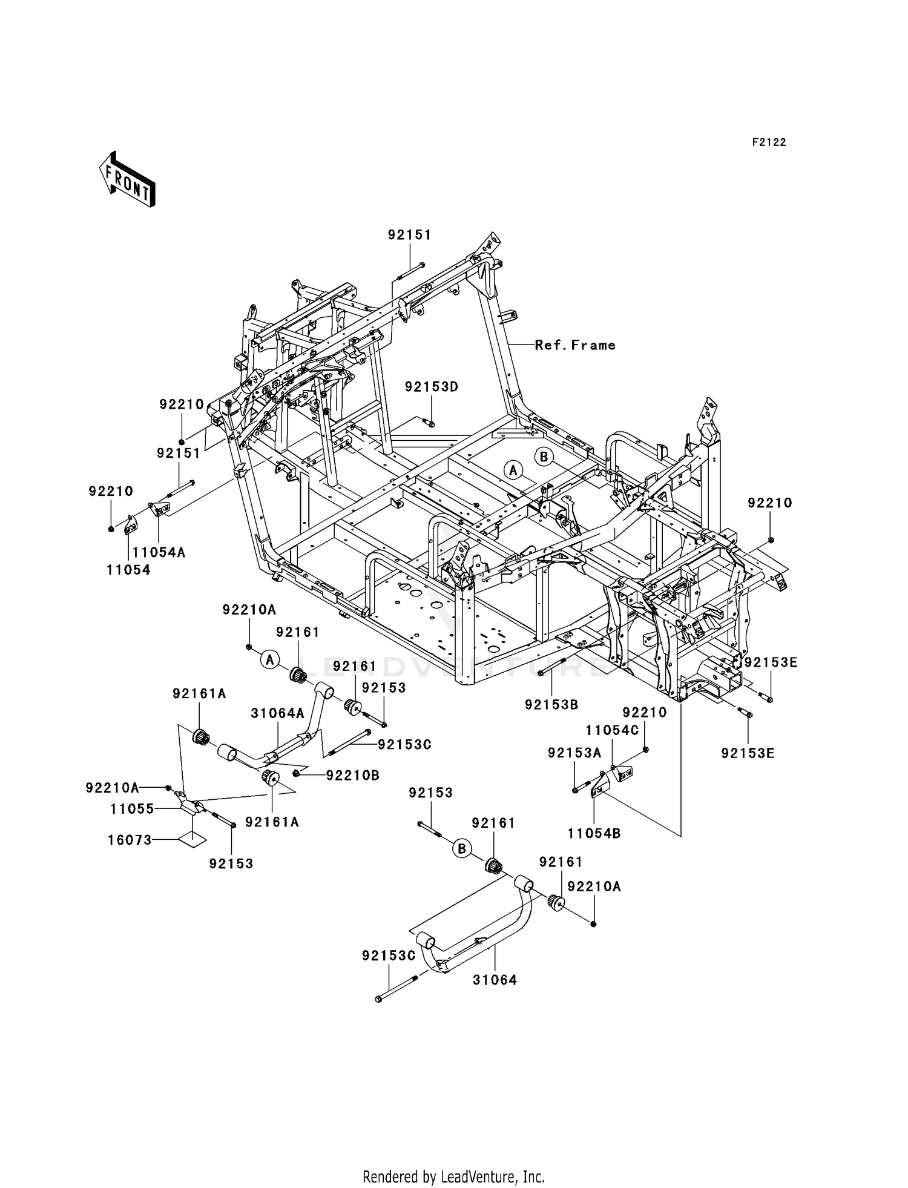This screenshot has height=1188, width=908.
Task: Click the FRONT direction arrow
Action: pyautogui.click(x=128, y=180)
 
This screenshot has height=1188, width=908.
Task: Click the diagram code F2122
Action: pyautogui.click(x=769, y=142)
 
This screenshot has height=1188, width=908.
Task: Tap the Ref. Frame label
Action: pyautogui.click(x=575, y=345)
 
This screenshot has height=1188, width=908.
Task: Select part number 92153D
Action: pyautogui.click(x=432, y=387)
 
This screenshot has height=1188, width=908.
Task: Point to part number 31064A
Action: pyautogui.click(x=278, y=714)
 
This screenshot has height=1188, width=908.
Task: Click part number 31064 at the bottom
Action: pyautogui.click(x=495, y=980)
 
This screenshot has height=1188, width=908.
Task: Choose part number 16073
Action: pyautogui.click(x=129, y=840)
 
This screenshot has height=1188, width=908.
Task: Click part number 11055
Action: pyautogui.click(x=132, y=809)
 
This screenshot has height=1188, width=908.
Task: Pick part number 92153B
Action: pyautogui.click(x=551, y=705)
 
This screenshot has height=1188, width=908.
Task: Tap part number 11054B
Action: pyautogui.click(x=594, y=833)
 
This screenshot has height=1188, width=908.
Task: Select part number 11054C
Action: pyautogui.click(x=612, y=730)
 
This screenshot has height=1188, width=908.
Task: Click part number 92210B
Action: pyautogui.click(x=352, y=775)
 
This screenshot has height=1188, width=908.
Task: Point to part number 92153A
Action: pyautogui.click(x=574, y=753)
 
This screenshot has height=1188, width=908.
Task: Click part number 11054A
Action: pyautogui.click(x=159, y=552)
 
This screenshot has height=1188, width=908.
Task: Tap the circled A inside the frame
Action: pyautogui.click(x=513, y=470)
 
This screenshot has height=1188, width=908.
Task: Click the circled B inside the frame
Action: pyautogui.click(x=544, y=457)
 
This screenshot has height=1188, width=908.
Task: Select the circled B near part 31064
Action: pyautogui.click(x=462, y=849)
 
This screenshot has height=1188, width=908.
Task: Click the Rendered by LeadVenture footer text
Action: pyautogui.click(x=453, y=1176)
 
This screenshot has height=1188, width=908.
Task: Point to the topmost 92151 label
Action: pyautogui.click(x=410, y=235)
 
